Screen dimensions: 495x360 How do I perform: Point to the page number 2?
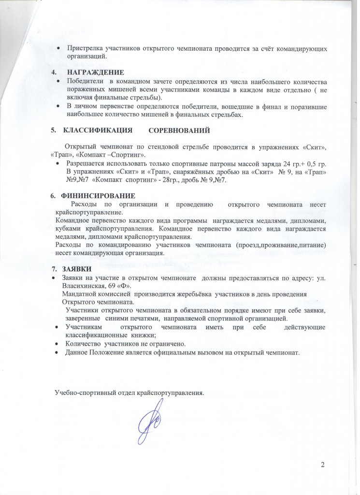322,465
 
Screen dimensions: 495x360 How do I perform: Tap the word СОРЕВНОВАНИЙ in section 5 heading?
179,131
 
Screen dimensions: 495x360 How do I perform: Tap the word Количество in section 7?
82,344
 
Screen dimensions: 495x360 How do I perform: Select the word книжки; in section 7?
142,335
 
